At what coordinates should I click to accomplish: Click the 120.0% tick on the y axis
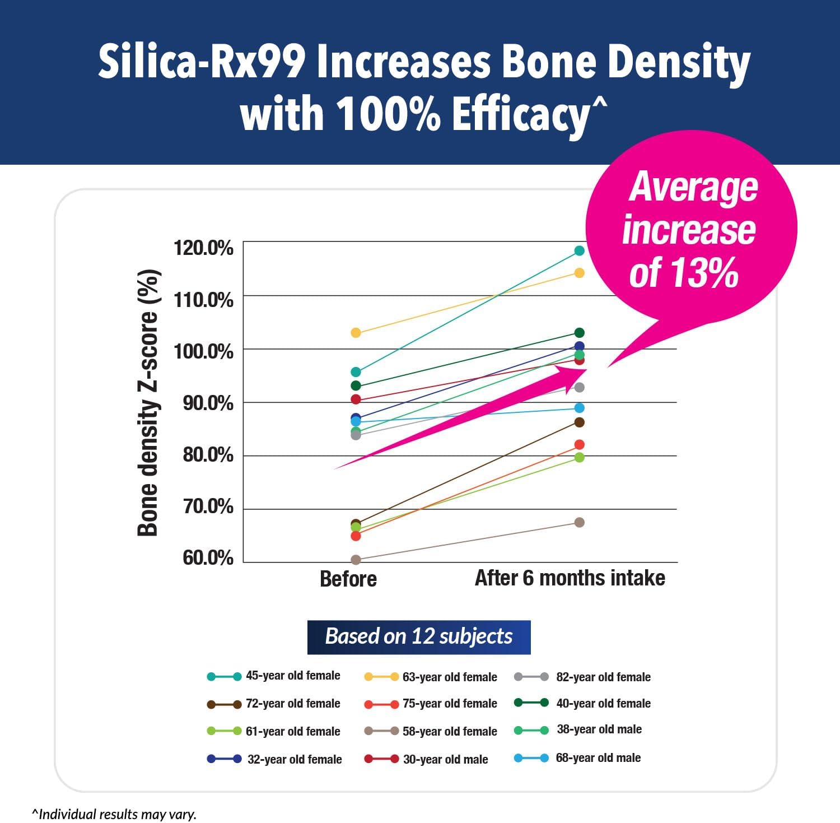[x=203, y=248]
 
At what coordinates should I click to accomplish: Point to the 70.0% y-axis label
[x=208, y=506]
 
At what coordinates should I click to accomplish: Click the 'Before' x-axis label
[x=348, y=579]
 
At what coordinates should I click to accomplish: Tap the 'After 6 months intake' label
[x=570, y=578]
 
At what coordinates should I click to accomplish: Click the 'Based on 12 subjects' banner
[x=418, y=636]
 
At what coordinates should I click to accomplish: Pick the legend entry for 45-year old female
[x=274, y=676]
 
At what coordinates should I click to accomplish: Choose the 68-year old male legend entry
[x=577, y=758]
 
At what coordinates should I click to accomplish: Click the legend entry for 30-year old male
[x=426, y=759]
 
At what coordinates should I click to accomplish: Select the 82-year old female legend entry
[x=582, y=677]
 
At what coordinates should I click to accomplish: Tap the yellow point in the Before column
[x=356, y=333]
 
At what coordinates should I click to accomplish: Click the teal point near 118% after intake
[x=579, y=250]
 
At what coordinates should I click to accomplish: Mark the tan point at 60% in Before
[x=356, y=560]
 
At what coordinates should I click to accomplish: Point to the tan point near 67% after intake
[x=579, y=522]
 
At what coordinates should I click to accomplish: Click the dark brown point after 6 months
[x=579, y=422]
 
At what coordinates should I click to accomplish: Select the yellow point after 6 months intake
[x=579, y=273]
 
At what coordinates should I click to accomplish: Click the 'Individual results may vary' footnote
[x=114, y=813]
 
